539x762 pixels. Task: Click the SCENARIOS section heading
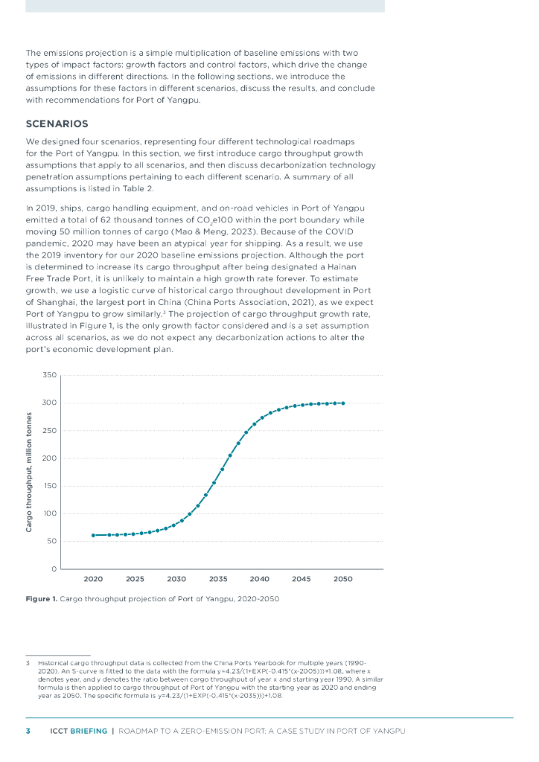click(57, 124)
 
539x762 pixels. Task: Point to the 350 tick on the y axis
click(49, 375)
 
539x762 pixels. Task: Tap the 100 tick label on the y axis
click(49, 513)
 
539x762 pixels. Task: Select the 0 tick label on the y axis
click(54, 569)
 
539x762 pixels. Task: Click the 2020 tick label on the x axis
click(93, 579)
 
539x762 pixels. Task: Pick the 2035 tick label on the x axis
click(217, 579)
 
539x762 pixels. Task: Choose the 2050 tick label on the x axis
click(342, 579)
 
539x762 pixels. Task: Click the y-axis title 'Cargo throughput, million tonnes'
click(29, 472)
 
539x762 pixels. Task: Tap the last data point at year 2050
click(342, 403)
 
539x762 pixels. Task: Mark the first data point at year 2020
click(93, 535)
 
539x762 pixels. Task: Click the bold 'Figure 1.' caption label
click(41, 598)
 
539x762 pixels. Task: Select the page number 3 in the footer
click(28, 731)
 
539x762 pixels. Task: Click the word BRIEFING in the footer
click(89, 731)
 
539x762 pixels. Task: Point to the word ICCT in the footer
click(59, 731)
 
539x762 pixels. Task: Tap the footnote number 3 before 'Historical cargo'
click(28, 662)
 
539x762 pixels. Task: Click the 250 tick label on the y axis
click(49, 431)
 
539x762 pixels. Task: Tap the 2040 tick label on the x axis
click(259, 579)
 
